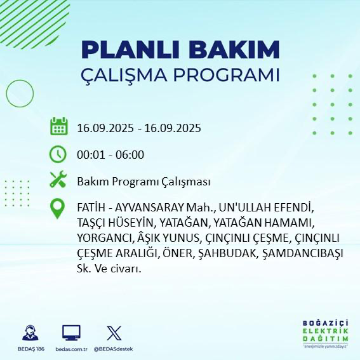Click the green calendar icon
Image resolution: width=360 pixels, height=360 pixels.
pyautogui.click(x=58, y=127)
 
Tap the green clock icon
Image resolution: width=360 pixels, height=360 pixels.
pyautogui.click(x=58, y=154)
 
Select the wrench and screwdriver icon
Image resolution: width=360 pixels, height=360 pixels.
pyautogui.click(x=58, y=181)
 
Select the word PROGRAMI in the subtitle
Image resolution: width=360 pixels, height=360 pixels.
pyautogui.click(x=229, y=74)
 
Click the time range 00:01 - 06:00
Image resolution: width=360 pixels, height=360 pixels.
pyautogui.click(x=110, y=155)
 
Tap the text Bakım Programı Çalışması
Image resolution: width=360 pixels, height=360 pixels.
pyautogui.click(x=143, y=182)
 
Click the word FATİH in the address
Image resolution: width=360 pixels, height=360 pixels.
pyautogui.click(x=91, y=208)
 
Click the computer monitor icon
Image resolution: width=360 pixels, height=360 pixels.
pyautogui.click(x=71, y=333)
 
